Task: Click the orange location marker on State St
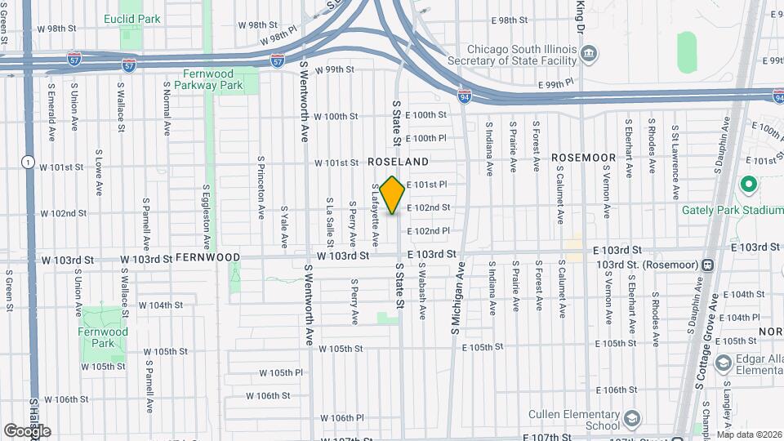click(x=393, y=195)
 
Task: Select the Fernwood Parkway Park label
click(x=212, y=78)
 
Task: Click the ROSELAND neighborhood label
click(x=398, y=163)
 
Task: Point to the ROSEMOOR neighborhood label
click(x=582, y=156)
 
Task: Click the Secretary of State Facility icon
click(x=588, y=56)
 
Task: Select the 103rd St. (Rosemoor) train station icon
click(x=707, y=265)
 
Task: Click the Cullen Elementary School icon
click(x=631, y=420)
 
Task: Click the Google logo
click(x=26, y=430)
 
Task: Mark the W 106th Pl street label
click(x=336, y=417)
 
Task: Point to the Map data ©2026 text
click(x=750, y=434)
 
